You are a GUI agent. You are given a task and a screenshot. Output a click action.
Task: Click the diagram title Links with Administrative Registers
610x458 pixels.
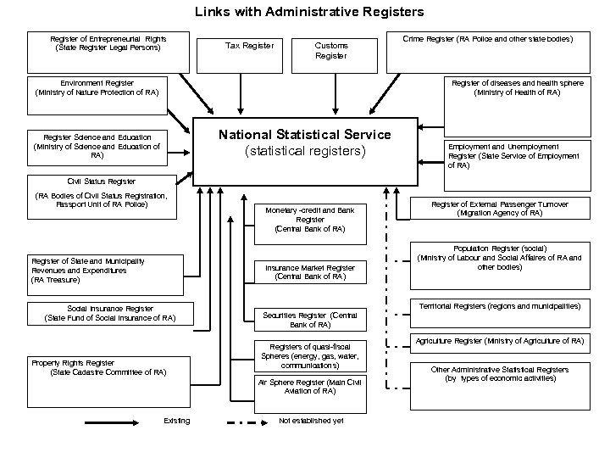click(309, 12)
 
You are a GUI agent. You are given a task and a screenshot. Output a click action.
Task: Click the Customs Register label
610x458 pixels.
click(330, 50)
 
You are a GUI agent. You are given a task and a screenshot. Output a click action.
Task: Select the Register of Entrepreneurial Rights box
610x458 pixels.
click(108, 42)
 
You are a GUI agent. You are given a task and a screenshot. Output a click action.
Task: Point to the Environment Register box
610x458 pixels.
click(96, 87)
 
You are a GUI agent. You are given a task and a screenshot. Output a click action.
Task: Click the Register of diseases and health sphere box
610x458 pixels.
click(517, 87)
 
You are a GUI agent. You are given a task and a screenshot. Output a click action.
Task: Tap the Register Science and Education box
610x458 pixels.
click(96, 146)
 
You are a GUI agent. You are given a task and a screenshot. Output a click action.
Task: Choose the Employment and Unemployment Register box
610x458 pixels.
click(514, 156)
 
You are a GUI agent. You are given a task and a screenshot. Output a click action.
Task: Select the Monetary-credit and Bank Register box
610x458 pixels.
click(309, 219)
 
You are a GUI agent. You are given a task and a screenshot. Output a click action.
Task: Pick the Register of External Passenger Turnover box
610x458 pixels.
click(499, 209)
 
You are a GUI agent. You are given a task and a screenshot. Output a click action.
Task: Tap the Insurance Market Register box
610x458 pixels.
click(309, 271)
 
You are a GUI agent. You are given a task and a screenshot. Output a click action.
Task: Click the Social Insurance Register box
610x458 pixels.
click(109, 313)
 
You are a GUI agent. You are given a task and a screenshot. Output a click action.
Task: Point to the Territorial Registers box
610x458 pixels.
click(499, 304)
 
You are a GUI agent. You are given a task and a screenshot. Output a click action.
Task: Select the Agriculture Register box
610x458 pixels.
click(499, 341)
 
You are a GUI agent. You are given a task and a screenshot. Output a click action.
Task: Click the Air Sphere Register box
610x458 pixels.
click(309, 387)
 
